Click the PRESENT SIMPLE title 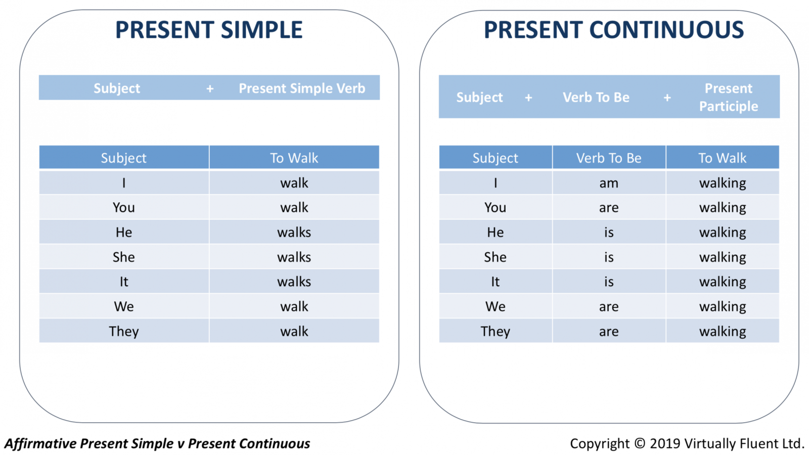(209, 30)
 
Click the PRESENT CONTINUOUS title (614, 30)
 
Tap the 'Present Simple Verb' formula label (302, 88)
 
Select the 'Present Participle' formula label (729, 97)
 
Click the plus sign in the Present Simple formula (210, 88)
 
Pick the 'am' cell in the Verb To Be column (609, 183)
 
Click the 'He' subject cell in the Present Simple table (124, 232)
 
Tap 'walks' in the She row (294, 257)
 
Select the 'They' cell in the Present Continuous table (495, 332)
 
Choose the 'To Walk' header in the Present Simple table (294, 158)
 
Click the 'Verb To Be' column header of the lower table (609, 158)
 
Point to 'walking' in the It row (723, 282)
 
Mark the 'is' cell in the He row (609, 232)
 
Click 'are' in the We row (609, 307)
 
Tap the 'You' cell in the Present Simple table (124, 208)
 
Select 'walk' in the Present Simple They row (294, 331)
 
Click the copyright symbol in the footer (640, 443)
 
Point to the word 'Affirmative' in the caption (40, 443)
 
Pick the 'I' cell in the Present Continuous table (496, 183)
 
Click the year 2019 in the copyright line (665, 443)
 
